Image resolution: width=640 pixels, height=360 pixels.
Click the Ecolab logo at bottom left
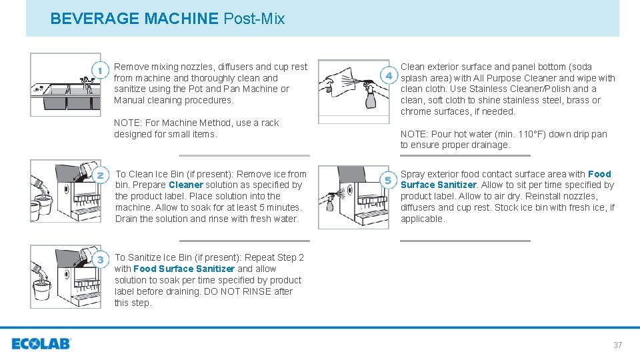point(41,344)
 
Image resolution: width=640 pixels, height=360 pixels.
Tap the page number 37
point(617,345)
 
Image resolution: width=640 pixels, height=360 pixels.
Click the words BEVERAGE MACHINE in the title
point(134,19)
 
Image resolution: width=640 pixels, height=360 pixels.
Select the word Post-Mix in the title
point(254,19)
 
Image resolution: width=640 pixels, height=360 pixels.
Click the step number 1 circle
point(100,70)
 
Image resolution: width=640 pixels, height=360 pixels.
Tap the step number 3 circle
point(100,259)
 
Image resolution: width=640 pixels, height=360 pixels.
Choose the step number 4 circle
point(389,75)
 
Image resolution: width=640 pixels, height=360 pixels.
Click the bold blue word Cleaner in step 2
point(186,185)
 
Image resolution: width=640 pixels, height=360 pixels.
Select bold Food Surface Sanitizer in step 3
point(184,269)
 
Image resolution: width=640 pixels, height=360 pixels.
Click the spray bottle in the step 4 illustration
point(370,97)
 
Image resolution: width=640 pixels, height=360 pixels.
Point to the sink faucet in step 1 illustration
point(85,80)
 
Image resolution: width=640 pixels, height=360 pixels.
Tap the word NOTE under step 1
point(127,123)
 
